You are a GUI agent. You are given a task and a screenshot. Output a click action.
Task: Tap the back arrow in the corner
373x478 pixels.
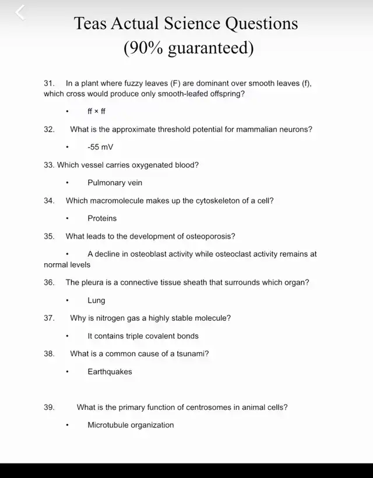point(20,12)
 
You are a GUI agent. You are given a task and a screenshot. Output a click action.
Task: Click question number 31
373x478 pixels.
point(49,84)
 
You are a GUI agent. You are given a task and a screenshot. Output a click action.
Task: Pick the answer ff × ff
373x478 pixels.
point(96,111)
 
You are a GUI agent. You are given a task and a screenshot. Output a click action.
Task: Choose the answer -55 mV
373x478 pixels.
point(100,147)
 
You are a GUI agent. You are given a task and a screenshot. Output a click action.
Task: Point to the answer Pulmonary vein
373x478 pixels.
point(115,183)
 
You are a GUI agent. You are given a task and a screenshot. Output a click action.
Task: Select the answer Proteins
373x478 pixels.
point(102,218)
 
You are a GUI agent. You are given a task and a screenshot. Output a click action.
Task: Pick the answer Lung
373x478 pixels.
point(96,300)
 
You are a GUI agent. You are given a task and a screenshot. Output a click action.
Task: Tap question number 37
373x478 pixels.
point(49,318)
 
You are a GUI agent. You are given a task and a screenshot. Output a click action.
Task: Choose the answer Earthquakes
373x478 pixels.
point(110,371)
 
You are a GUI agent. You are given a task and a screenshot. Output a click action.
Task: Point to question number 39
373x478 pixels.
point(49,408)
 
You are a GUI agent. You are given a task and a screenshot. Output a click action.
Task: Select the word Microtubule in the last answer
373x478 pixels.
point(108,425)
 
